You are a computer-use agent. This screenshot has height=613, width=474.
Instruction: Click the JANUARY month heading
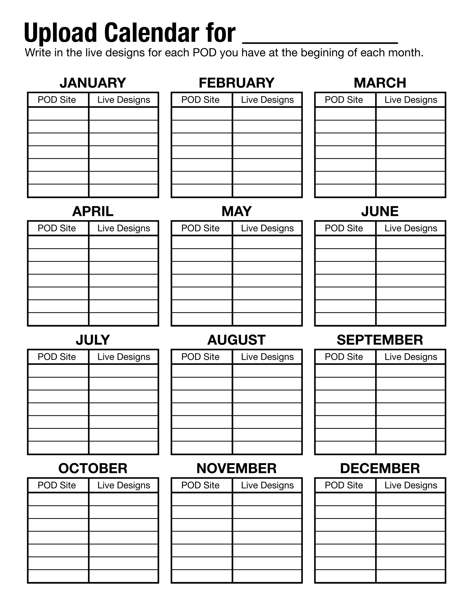(93, 83)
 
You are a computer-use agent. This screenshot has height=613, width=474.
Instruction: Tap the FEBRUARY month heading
(237, 83)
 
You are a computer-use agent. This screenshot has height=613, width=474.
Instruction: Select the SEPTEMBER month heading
(380, 340)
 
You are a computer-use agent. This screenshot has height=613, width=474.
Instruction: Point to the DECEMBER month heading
(380, 468)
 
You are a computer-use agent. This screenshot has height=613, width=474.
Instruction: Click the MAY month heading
(237, 211)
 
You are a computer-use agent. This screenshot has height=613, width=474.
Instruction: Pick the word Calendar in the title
(152, 33)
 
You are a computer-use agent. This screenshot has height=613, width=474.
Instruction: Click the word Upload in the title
(60, 33)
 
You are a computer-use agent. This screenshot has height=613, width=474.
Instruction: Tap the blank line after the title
(320, 39)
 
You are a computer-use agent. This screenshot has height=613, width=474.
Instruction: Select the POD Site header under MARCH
(344, 100)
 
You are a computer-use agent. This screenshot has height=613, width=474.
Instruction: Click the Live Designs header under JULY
(123, 357)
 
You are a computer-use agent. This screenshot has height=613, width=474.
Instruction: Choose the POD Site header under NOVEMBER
(200, 485)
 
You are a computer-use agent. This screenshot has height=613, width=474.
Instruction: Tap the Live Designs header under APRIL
(123, 228)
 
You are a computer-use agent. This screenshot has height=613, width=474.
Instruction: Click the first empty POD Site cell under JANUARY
(58, 114)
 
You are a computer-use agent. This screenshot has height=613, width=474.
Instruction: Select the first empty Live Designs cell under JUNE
(410, 242)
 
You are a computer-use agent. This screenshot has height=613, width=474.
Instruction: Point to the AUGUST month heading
(237, 340)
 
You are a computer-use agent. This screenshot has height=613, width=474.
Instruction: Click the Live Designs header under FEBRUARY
(267, 100)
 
